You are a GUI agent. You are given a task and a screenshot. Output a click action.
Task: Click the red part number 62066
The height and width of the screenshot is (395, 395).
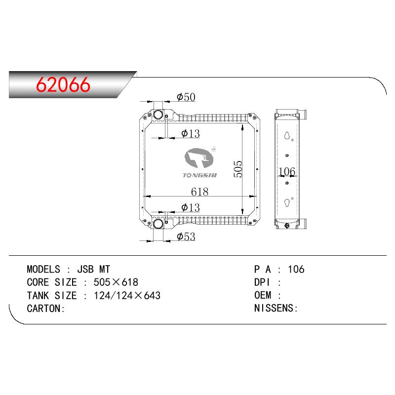[63, 84]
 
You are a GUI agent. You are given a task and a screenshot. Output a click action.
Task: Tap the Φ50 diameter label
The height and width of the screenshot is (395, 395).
[186, 97]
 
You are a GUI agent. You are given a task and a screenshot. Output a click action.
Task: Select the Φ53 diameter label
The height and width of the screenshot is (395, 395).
[186, 237]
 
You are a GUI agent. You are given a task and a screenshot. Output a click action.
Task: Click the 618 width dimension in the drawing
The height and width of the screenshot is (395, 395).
[200, 192]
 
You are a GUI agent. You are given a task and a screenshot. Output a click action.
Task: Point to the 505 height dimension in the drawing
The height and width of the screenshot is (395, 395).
[238, 169]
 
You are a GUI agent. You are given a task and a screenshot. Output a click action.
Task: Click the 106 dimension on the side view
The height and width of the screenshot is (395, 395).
[287, 171]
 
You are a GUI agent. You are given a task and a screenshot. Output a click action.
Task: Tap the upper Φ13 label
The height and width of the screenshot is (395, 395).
[191, 133]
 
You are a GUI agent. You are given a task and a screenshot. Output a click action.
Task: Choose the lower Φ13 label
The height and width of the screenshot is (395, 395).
[191, 207]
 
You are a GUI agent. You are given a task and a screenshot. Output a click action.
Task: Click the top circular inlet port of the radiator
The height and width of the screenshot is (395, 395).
[158, 115]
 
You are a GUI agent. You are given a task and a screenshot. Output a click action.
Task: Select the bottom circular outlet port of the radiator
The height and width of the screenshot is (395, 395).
[158, 224]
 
